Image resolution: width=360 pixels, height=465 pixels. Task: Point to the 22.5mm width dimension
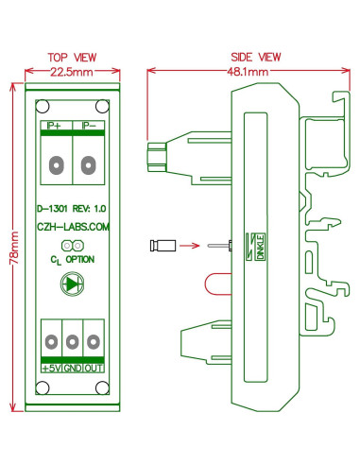click(72, 72)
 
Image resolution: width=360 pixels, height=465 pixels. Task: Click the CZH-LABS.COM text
click(72, 227)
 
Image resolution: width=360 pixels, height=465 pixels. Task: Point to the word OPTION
click(79, 258)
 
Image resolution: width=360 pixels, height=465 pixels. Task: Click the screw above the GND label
click(73, 337)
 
